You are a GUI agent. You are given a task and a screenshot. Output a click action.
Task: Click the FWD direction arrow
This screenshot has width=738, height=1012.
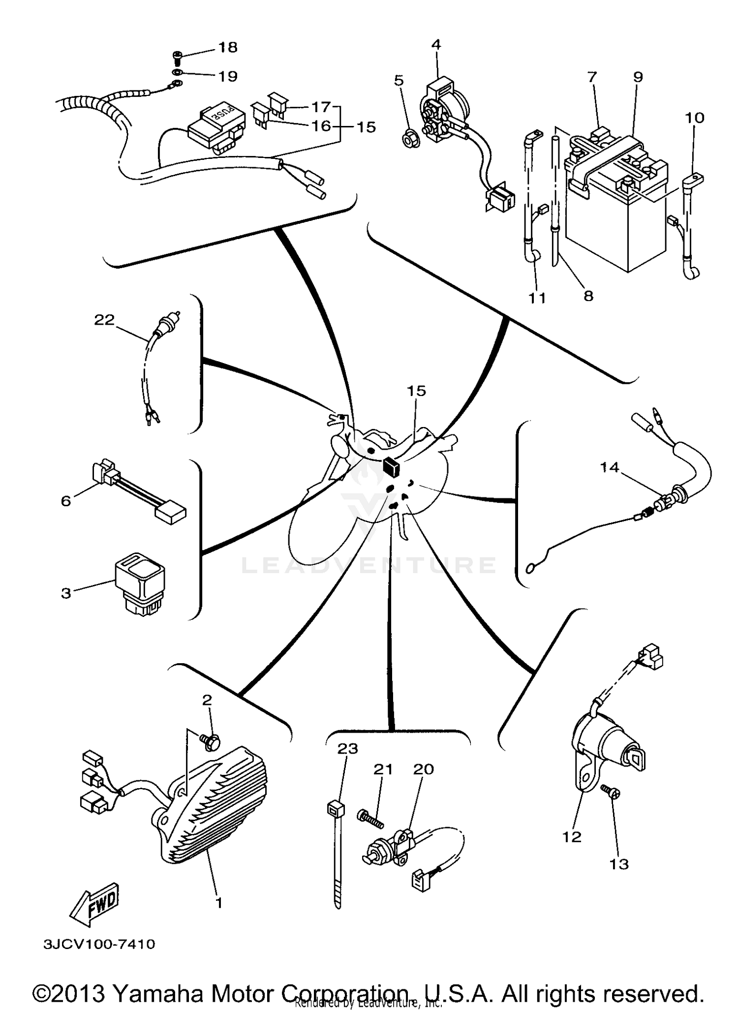(94, 904)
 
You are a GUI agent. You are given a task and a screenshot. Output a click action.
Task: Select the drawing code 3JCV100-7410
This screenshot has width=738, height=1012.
(99, 944)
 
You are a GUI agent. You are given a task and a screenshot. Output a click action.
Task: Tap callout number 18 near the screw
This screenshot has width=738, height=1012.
(228, 48)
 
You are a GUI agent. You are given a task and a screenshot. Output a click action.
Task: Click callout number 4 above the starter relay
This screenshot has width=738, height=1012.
(436, 44)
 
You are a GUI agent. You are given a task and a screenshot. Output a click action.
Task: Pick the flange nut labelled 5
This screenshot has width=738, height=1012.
(408, 141)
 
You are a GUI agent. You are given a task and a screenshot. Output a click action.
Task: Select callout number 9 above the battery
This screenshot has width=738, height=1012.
(638, 77)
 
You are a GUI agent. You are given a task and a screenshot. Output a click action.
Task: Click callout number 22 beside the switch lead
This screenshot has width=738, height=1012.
(104, 320)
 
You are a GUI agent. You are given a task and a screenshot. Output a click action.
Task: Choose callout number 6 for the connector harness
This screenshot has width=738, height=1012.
(66, 501)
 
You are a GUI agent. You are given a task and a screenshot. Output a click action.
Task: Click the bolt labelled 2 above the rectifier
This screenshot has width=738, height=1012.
(211, 742)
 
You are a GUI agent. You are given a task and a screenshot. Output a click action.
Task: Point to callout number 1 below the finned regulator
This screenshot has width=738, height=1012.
(219, 903)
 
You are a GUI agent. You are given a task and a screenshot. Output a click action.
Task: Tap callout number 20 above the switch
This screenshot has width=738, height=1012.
(424, 768)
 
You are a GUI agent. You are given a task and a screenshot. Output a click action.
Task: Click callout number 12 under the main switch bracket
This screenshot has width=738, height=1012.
(572, 837)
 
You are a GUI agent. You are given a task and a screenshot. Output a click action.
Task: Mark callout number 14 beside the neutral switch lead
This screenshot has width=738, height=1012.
(609, 467)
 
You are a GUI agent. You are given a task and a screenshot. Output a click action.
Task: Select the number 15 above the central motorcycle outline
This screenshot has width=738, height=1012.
(416, 391)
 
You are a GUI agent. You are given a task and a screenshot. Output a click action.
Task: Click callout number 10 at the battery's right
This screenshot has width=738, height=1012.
(694, 118)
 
